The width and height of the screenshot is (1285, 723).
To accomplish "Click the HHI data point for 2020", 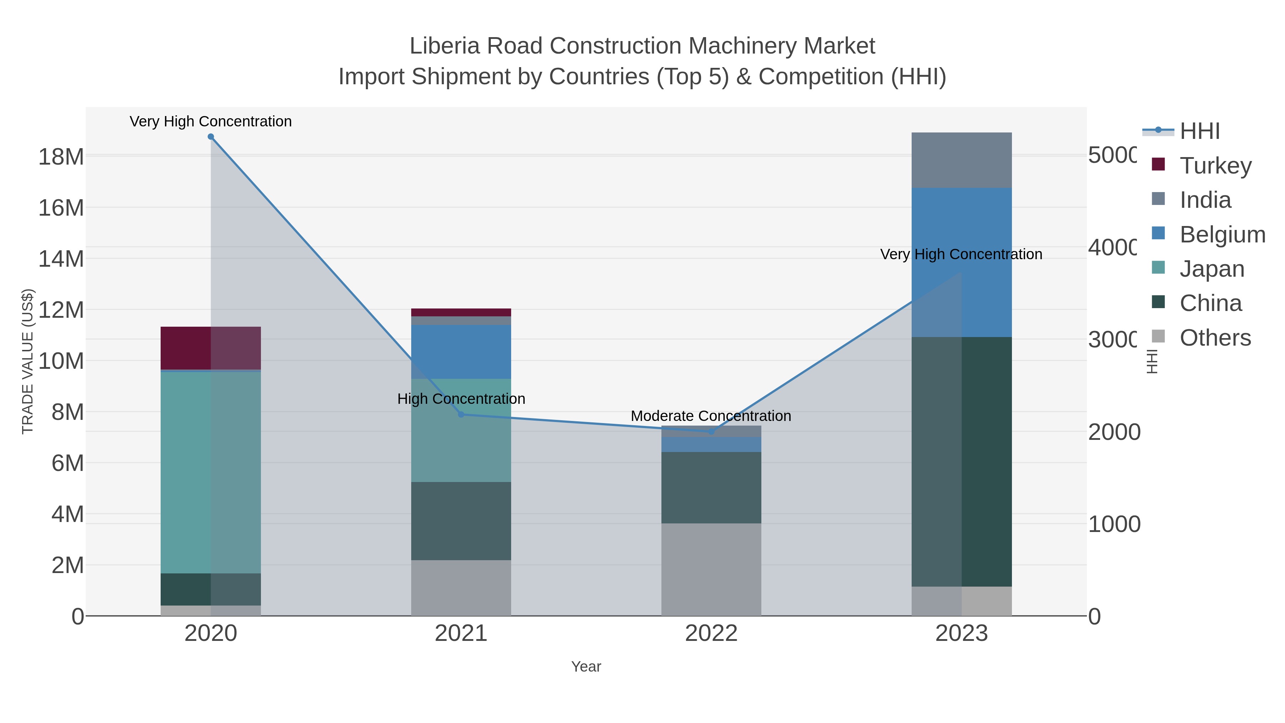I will (x=211, y=137).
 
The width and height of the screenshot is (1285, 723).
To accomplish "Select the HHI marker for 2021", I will (x=461, y=415).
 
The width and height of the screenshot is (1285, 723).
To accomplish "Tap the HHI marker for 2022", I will (x=711, y=432).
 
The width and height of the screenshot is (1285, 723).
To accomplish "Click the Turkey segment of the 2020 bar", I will (x=211, y=348).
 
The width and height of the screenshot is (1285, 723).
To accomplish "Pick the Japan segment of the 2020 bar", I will (x=211, y=472).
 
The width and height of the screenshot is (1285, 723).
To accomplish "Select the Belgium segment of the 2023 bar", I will (x=961, y=262).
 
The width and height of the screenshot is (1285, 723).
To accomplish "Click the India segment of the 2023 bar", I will (x=961, y=160).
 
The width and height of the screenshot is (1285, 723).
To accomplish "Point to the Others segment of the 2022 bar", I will (x=711, y=569).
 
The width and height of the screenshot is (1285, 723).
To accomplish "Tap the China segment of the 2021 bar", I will (x=461, y=521).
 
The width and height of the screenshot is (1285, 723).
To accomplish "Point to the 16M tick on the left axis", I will (x=61, y=207).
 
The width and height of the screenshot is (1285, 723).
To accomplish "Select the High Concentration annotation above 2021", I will (x=461, y=399).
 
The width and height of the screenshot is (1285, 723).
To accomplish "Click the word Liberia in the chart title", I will (x=445, y=46).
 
